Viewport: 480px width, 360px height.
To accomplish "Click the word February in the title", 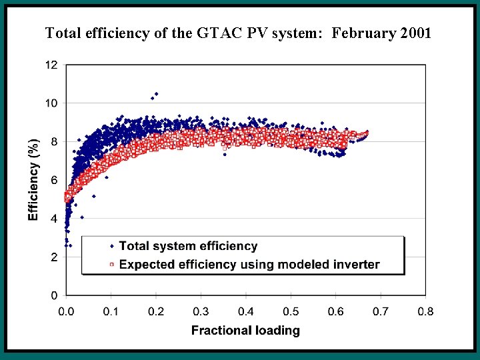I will coord(364,32).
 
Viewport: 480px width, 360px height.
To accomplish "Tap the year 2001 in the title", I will coord(415,32).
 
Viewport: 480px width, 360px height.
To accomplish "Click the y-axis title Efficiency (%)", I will coord(33,179).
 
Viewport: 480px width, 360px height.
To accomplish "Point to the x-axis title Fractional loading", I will coord(245,330).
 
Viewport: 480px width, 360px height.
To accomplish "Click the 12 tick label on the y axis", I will coord(51,65).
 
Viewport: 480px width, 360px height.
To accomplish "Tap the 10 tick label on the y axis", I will coord(51,103).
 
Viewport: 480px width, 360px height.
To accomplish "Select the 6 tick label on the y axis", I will coord(54,180).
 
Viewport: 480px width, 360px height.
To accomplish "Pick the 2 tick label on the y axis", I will coord(54,257).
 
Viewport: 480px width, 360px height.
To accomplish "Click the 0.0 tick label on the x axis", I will coord(66,311).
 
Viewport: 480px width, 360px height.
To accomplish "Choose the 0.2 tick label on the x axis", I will coord(156,311).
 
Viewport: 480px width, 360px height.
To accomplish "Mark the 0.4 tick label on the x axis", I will coord(246,311).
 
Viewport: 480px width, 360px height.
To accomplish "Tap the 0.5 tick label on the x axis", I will coord(291,311).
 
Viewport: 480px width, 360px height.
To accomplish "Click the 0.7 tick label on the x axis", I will coord(381,311).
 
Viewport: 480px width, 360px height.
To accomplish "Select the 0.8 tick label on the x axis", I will coord(425,311).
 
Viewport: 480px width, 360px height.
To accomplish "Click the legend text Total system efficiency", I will coord(188,247).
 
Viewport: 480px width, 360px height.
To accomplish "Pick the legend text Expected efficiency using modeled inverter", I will coord(249,264).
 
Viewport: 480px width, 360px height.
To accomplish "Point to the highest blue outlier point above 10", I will coord(157,94).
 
